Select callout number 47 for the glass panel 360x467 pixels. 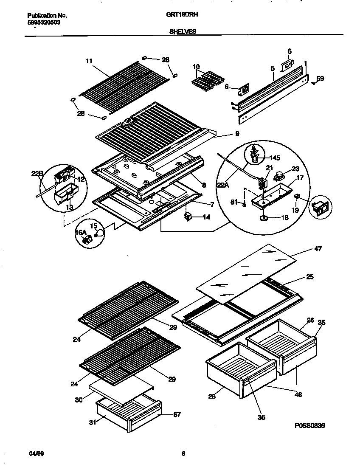318,249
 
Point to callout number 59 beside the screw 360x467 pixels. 321,79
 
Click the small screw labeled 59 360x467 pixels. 313,82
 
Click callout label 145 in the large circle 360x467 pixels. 275,158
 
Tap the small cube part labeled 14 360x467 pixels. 188,217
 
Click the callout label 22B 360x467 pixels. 37,173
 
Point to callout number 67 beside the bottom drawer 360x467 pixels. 177,415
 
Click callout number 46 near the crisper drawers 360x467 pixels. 298,395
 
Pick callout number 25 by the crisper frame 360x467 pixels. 310,277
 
